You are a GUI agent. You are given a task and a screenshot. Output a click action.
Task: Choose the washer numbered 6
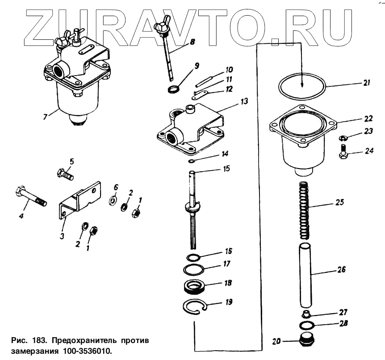pos(113,199)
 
